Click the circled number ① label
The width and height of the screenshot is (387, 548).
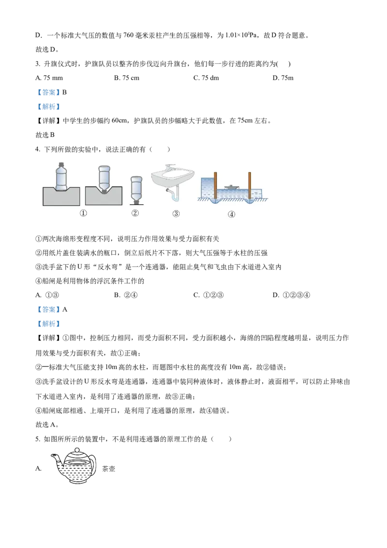pyautogui.click(x=83, y=213)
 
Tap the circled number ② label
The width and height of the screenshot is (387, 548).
pyautogui.click(x=135, y=213)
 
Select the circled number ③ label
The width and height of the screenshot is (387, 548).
pyautogui.click(x=176, y=213)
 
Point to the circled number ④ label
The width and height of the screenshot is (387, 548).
pyautogui.click(x=231, y=214)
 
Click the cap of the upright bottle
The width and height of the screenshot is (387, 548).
pyautogui.click(x=60, y=164)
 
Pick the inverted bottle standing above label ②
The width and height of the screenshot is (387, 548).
pyautogui.click(x=136, y=188)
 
